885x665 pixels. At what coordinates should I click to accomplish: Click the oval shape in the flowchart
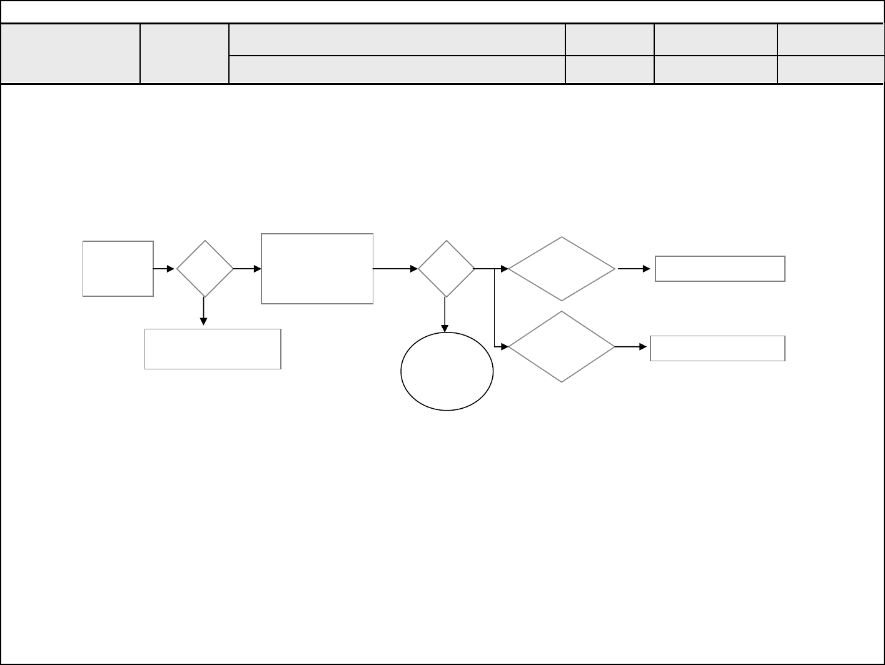pos(447,371)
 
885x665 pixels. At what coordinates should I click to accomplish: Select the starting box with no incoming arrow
pos(118,268)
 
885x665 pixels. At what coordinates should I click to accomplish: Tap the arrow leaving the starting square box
pos(164,269)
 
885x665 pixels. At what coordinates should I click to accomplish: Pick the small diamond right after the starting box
pos(205,269)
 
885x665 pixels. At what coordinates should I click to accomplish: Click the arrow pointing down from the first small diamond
pos(203,311)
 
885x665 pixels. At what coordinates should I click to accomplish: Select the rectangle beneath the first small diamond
pos(213,349)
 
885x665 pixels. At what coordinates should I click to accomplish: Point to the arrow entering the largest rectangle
pos(248,269)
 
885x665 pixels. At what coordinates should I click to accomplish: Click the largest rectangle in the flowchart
pos(317,269)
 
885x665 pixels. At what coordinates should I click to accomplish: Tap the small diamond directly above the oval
pos(446,269)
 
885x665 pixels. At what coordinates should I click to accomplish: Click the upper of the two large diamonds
pos(562,269)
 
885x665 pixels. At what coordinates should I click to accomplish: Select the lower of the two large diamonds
pos(562,346)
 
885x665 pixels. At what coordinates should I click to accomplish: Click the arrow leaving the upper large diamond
pos(634,269)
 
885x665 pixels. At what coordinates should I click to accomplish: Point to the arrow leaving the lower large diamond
pos(630,346)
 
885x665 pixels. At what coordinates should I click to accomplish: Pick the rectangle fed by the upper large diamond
pos(720,269)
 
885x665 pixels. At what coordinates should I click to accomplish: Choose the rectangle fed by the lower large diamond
pos(717,348)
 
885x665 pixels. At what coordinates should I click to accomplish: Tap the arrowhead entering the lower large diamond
pos(504,346)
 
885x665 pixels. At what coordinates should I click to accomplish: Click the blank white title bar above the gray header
pos(442,12)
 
